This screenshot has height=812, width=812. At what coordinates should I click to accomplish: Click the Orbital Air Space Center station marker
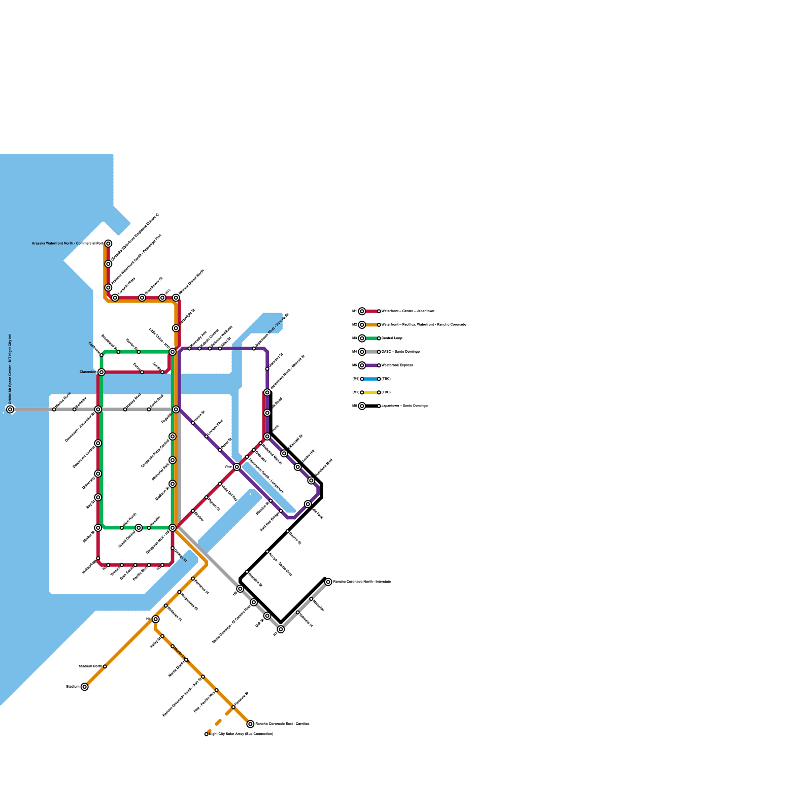click(x=10, y=409)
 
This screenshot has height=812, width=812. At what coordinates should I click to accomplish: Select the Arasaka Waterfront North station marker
click(x=108, y=244)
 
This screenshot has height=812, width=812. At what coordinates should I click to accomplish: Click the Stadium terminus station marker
click(x=84, y=687)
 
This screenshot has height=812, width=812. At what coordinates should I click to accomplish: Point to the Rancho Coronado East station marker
click(x=250, y=724)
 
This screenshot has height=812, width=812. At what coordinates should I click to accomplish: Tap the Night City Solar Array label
click(x=241, y=734)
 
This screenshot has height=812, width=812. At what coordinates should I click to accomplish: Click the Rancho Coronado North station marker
click(x=328, y=582)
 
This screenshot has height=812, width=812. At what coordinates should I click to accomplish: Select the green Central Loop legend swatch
click(x=370, y=338)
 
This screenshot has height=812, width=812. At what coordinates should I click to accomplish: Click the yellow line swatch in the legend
click(x=370, y=392)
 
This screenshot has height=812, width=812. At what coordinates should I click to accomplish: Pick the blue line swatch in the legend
click(x=370, y=379)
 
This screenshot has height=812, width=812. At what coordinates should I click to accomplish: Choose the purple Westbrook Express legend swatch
click(x=370, y=365)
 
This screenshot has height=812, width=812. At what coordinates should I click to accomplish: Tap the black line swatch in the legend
click(x=370, y=406)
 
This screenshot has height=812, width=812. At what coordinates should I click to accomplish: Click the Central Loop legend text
click(x=392, y=338)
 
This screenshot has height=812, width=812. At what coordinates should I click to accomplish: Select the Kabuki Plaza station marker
click(x=115, y=297)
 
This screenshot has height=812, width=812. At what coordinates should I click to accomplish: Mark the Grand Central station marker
click(x=139, y=528)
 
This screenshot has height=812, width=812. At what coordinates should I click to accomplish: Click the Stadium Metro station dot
click(x=105, y=666)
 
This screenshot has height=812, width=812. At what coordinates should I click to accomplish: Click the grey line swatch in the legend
click(x=370, y=352)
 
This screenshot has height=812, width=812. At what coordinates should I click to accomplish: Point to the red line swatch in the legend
click(x=370, y=311)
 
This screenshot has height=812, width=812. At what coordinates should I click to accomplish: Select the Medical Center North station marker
click(x=176, y=297)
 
